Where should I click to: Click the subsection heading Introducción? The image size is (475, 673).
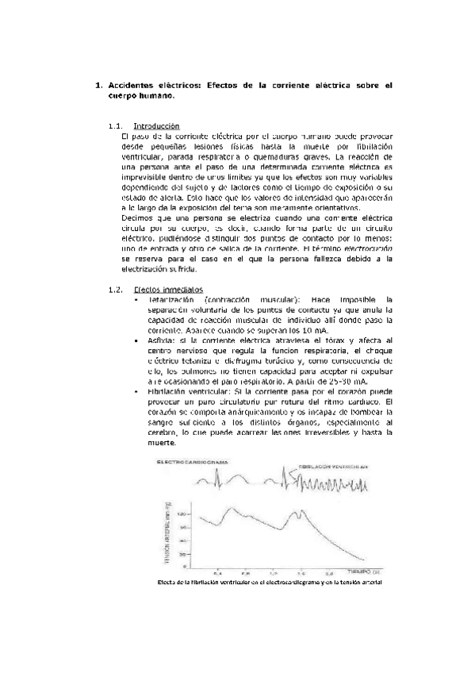(157, 126)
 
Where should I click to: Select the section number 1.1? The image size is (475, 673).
(114, 126)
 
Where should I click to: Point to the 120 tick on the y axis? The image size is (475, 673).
(184, 514)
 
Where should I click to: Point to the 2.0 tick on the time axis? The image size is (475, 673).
(300, 571)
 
